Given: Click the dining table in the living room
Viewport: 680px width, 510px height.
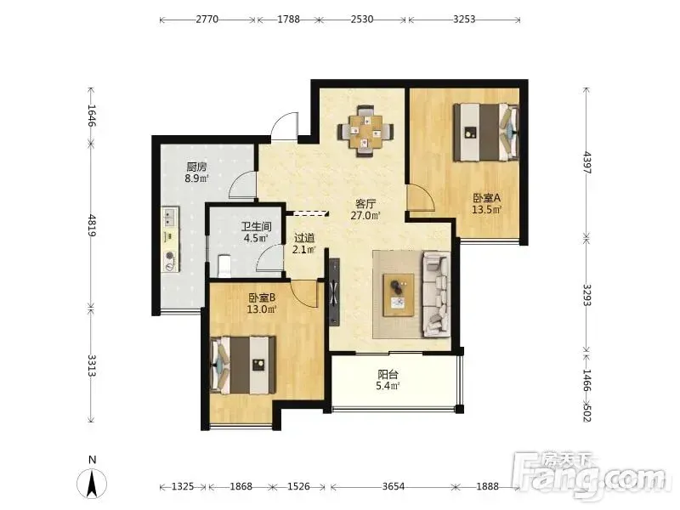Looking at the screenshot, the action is [x=365, y=131].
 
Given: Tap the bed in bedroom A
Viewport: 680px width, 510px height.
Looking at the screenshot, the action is [x=486, y=132].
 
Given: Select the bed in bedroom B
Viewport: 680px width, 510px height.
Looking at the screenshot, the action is [x=243, y=365].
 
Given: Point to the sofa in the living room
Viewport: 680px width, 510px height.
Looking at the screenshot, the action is [x=436, y=294].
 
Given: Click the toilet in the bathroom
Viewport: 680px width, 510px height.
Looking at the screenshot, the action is [x=224, y=265].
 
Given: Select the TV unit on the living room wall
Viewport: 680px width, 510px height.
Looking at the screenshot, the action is [x=334, y=292].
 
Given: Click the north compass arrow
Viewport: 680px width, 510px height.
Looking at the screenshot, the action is [x=92, y=484].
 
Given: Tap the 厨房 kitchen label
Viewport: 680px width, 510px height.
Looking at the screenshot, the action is [x=196, y=167].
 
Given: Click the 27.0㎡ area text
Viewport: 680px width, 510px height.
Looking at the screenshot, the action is [x=365, y=216].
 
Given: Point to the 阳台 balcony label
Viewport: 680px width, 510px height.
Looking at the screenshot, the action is [x=388, y=374].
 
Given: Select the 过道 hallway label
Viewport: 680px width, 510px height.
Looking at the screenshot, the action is [x=304, y=238].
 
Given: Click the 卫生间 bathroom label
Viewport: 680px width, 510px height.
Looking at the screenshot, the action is [x=257, y=226].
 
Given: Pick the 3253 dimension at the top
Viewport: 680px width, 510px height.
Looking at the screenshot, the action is [x=464, y=19].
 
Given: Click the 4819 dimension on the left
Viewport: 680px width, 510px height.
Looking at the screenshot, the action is [x=92, y=225].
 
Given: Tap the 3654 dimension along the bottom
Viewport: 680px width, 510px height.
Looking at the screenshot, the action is [x=394, y=486].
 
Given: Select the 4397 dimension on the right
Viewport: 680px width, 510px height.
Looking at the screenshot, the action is [x=586, y=162].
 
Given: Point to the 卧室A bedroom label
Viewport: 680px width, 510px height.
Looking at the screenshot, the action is [x=486, y=198].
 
